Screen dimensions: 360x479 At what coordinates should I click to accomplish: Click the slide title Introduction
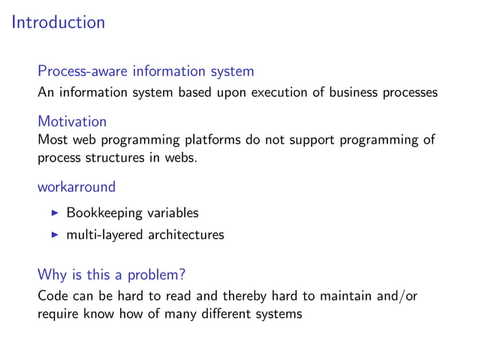point(59,23)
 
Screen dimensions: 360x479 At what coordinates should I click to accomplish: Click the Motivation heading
point(72,121)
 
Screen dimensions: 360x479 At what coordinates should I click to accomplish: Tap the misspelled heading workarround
point(77,186)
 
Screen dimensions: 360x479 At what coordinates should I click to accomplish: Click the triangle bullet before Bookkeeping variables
point(54,213)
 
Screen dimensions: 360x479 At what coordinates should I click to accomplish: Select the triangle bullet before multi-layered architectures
point(54,235)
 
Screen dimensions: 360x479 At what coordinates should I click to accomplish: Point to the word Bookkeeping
point(104,213)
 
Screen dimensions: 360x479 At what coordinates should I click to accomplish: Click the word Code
point(53,296)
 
